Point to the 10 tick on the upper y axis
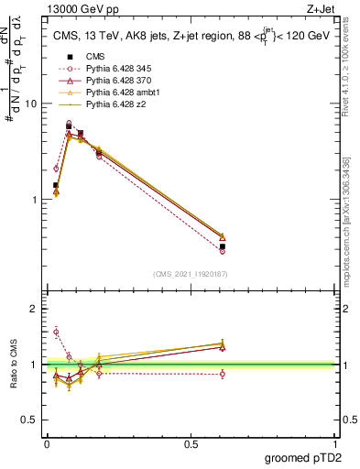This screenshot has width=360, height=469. [x=33, y=104]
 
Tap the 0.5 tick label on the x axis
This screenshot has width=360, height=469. [x=191, y=443]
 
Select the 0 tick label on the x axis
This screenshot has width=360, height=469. [x=47, y=443]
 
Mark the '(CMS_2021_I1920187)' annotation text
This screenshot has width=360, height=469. [x=191, y=274]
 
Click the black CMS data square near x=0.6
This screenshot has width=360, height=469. [x=223, y=247]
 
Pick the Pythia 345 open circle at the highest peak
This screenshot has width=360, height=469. [x=69, y=123]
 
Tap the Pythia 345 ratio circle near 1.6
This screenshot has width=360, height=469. [x=56, y=332]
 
